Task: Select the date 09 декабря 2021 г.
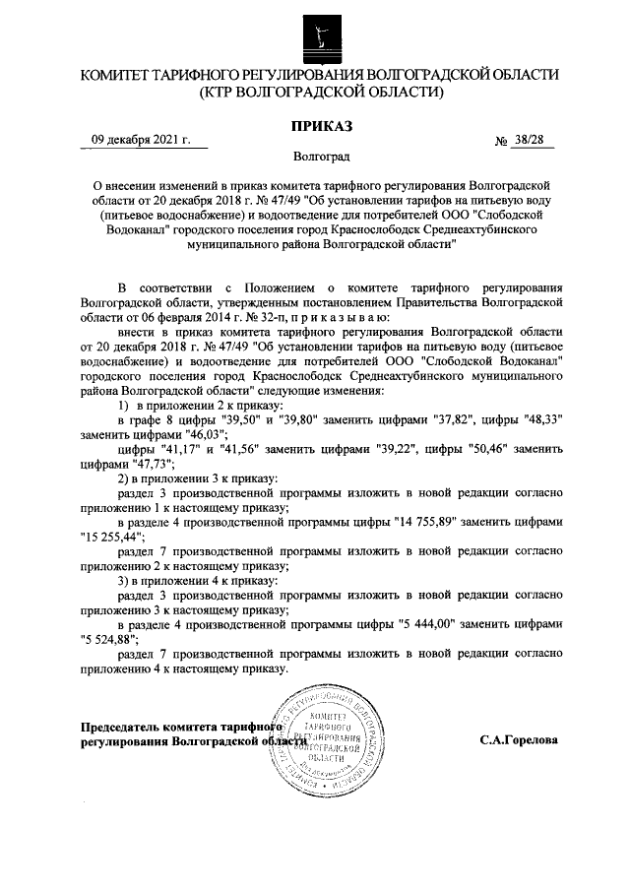pos(138,140)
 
